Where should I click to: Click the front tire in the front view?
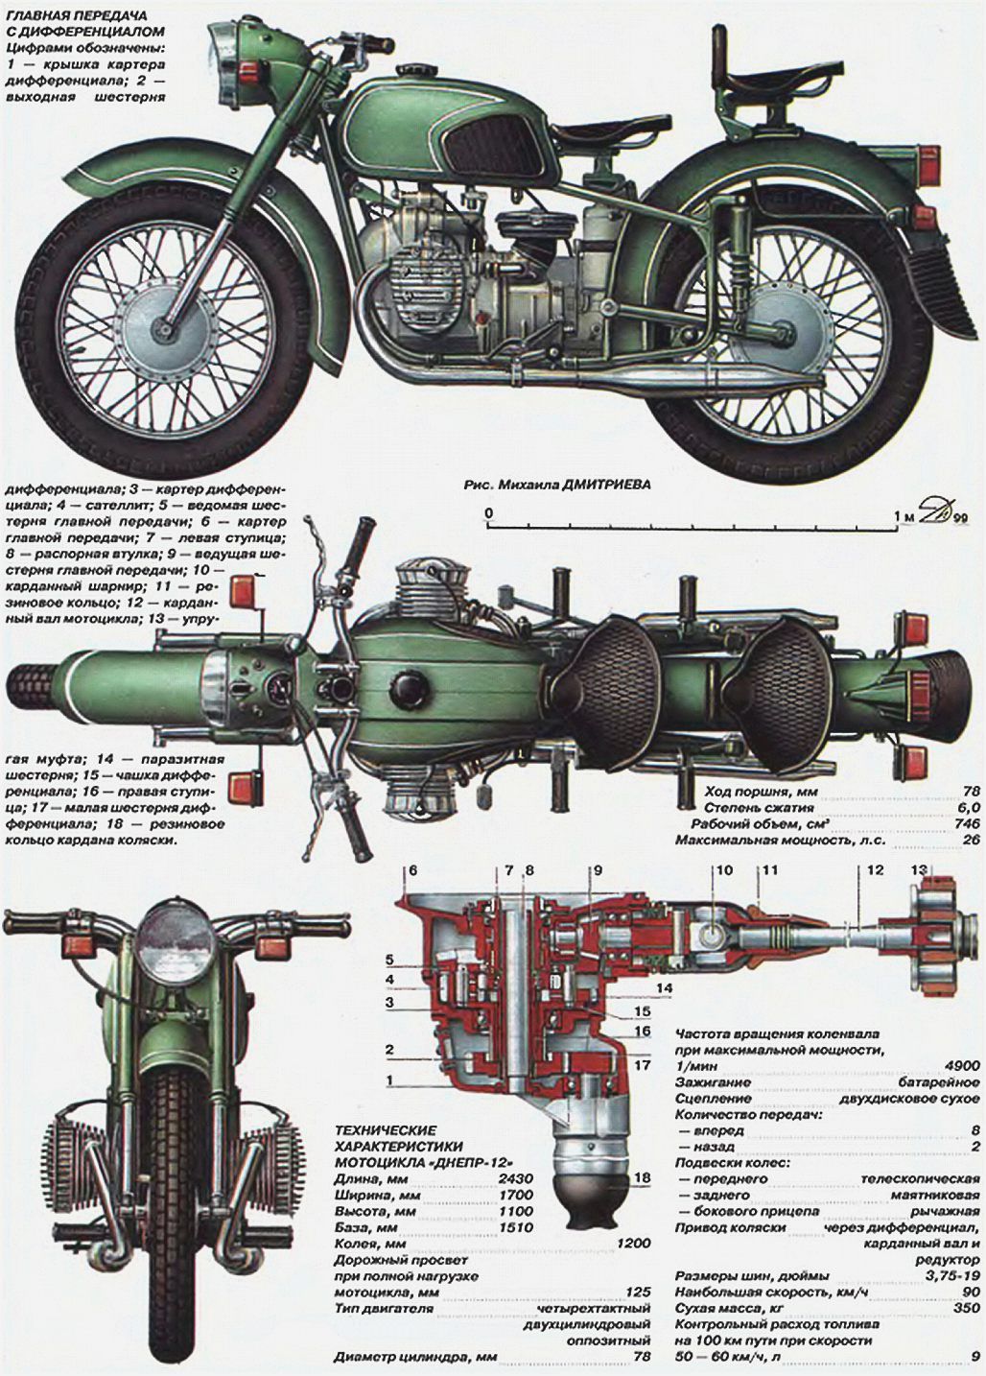[x=172, y=1171]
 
